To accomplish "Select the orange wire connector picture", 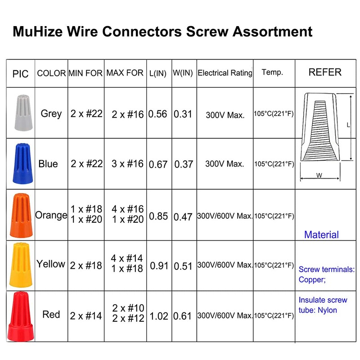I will point(20,215).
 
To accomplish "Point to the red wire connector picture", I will point(20,315).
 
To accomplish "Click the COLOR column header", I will point(51,73).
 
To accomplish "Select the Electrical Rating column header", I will point(225,73).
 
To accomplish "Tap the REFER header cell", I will point(325,72).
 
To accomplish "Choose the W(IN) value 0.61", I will point(183,316).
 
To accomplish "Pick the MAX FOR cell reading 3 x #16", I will point(128,164).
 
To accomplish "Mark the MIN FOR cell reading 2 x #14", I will point(86,316).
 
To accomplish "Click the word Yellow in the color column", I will point(51,264).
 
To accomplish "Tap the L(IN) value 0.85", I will point(158,216).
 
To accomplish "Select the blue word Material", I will point(321,234).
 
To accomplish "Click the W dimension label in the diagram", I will point(319,176).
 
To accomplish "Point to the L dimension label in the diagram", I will point(348,126).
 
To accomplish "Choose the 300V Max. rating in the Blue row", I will point(225,164).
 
